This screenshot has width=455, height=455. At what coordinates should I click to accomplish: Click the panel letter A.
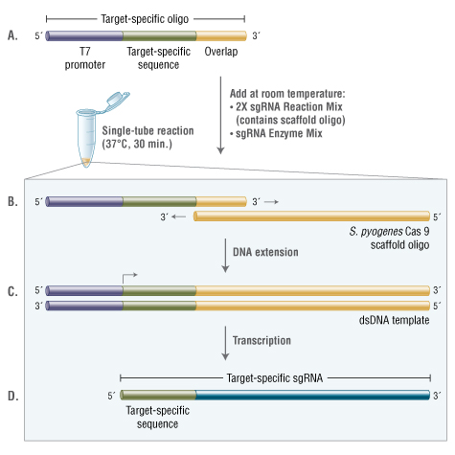(x=12, y=35)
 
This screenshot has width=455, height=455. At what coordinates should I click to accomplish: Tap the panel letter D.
(x=12, y=396)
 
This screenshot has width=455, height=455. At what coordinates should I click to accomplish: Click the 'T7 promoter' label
(x=85, y=58)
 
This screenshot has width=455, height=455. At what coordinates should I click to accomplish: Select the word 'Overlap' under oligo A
(x=221, y=52)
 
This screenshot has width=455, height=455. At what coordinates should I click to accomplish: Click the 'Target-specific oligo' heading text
(x=145, y=19)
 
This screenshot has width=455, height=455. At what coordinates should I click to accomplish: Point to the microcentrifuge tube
(x=86, y=137)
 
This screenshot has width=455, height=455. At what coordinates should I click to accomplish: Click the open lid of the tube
(x=118, y=99)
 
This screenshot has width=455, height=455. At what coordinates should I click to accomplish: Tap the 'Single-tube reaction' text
(x=148, y=130)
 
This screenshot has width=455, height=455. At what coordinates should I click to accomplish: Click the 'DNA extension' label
(x=265, y=252)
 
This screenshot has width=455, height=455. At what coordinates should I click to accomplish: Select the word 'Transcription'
(x=262, y=340)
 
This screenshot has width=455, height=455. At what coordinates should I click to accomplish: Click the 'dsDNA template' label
(x=394, y=320)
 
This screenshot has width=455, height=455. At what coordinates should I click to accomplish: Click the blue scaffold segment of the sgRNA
(x=313, y=395)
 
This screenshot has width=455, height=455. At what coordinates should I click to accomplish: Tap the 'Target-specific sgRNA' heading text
(x=275, y=378)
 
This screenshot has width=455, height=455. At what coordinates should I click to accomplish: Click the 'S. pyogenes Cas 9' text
(x=389, y=232)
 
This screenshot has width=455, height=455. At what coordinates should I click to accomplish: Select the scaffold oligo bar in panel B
(x=311, y=216)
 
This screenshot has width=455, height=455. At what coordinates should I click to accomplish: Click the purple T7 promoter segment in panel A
(x=84, y=35)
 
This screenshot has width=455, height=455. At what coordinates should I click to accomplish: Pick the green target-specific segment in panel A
(x=159, y=35)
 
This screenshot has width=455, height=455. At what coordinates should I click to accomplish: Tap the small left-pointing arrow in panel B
(x=178, y=216)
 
